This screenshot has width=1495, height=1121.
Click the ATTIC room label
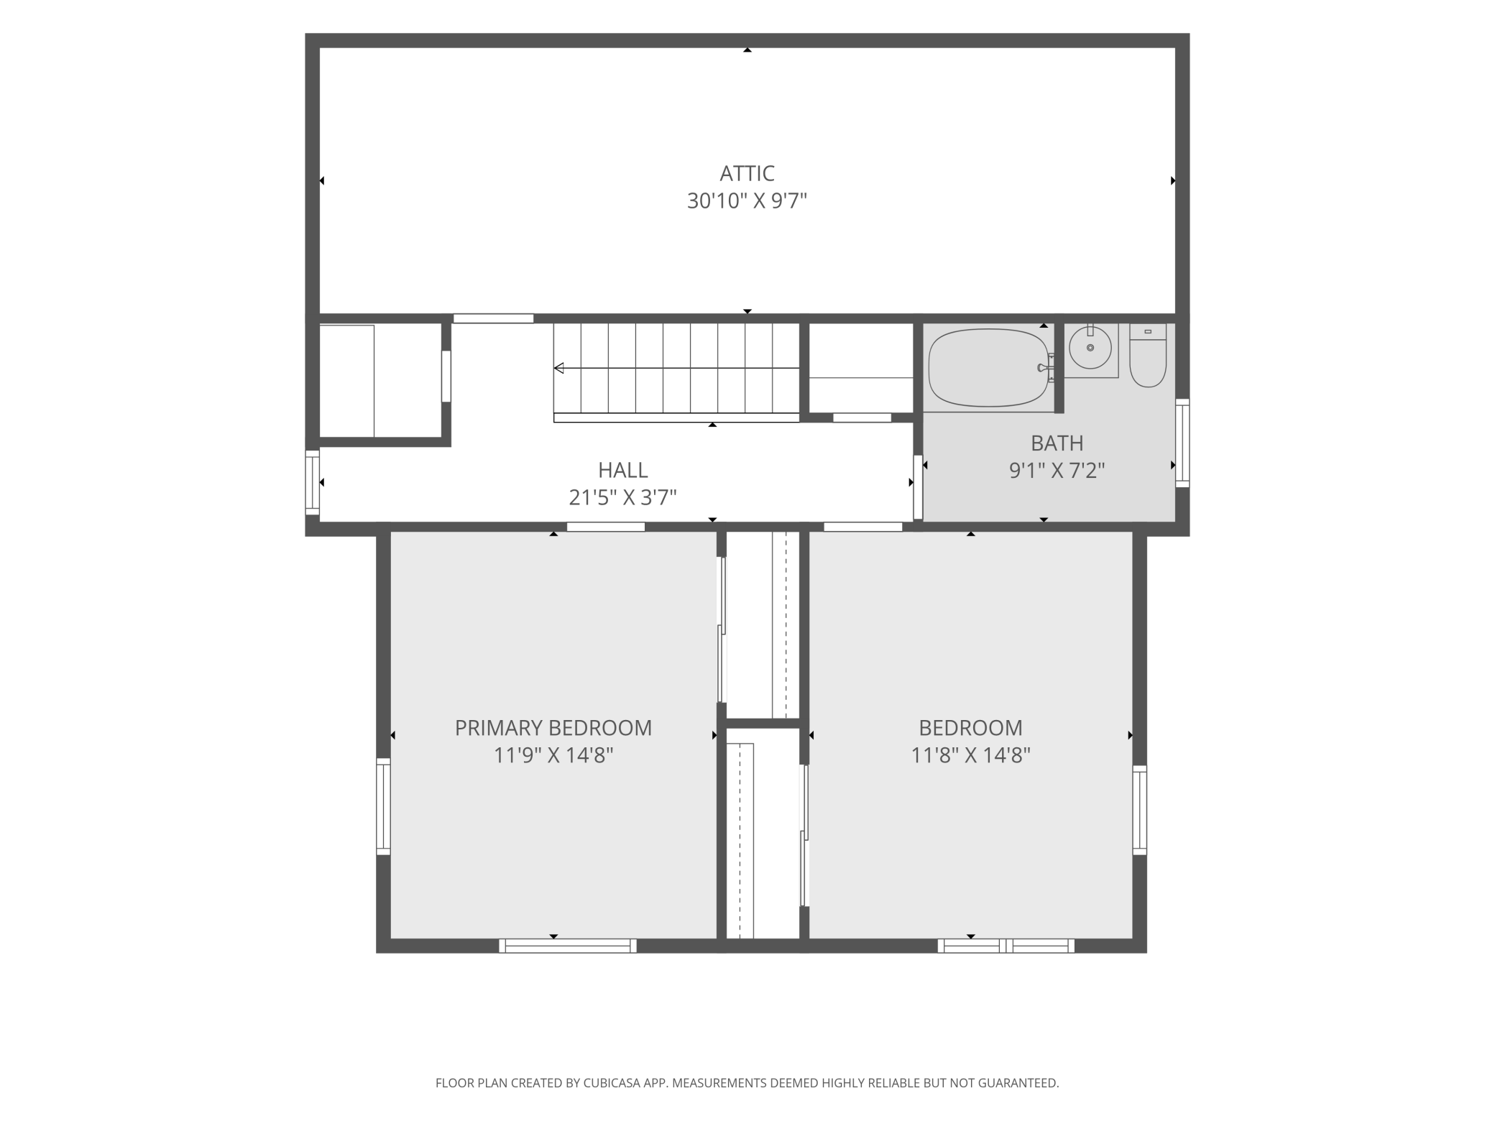pyautogui.click(x=747, y=173)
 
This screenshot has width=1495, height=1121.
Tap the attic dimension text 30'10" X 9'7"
pyautogui.click(x=747, y=200)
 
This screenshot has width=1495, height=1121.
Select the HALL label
pyautogui.click(x=623, y=470)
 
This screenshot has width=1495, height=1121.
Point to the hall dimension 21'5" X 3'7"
pyautogui.click(x=623, y=497)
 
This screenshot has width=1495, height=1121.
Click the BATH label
pyautogui.click(x=1057, y=443)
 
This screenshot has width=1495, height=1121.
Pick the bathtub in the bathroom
pyautogui.click(x=988, y=367)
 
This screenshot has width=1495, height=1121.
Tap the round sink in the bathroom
pyautogui.click(x=1090, y=348)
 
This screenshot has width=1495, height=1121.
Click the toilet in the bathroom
pyautogui.click(x=1148, y=355)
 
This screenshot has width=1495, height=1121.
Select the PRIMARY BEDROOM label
pyautogui.click(x=553, y=728)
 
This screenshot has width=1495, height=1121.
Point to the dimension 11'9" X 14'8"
pyautogui.click(x=553, y=755)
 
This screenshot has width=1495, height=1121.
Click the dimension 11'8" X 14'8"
pyautogui.click(x=970, y=755)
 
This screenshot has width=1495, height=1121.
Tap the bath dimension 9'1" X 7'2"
pyautogui.click(x=1057, y=470)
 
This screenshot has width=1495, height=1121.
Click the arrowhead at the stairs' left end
pyautogui.click(x=558, y=368)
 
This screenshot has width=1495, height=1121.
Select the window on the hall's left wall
pyautogui.click(x=312, y=482)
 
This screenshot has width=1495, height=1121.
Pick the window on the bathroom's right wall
pyautogui.click(x=1182, y=443)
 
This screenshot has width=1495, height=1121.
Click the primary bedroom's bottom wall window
pyautogui.click(x=568, y=946)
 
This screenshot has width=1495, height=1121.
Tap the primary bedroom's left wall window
pyautogui.click(x=383, y=806)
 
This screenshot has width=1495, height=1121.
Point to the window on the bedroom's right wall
pyautogui.click(x=1139, y=810)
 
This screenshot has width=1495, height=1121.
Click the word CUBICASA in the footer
pyautogui.click(x=626, y=1083)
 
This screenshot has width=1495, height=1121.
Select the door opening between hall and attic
pyautogui.click(x=493, y=318)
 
